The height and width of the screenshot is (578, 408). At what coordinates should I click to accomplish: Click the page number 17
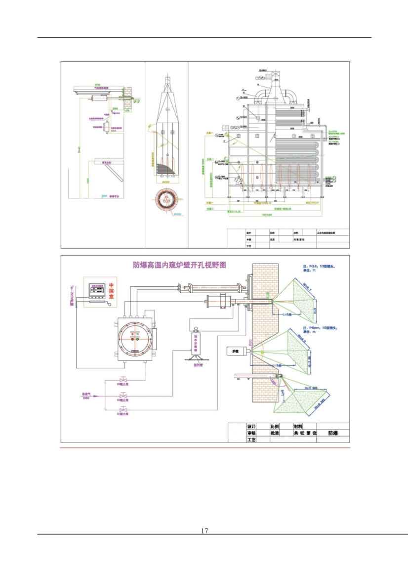[x=204, y=531]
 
